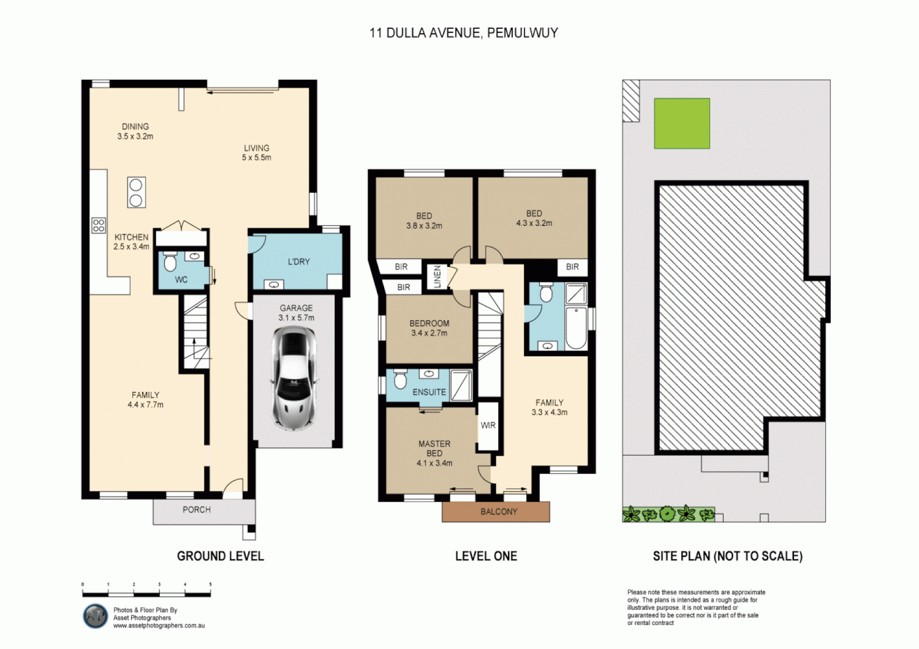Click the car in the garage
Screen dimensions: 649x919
[293, 378]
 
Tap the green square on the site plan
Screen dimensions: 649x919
[682, 123]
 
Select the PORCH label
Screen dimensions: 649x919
[197, 510]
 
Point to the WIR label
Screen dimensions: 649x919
[488, 425]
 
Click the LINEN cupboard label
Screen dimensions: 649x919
[438, 277]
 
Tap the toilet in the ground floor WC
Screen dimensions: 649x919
[170, 262]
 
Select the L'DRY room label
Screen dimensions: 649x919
[299, 261]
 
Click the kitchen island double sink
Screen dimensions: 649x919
[136, 192]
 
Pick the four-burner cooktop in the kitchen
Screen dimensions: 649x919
[99, 225]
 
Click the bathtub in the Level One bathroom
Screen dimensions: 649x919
[576, 328]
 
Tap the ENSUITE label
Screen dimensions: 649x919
[429, 392]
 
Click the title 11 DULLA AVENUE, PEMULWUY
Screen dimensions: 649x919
[463, 33]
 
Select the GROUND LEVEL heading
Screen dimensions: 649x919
[220, 556]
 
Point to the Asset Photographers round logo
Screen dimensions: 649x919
[95, 616]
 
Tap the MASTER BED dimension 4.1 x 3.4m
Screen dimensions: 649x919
[434, 463]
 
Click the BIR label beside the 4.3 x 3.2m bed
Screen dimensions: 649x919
[572, 267]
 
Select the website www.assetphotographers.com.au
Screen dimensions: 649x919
[159, 626]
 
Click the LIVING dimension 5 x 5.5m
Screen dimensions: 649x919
[257, 157]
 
